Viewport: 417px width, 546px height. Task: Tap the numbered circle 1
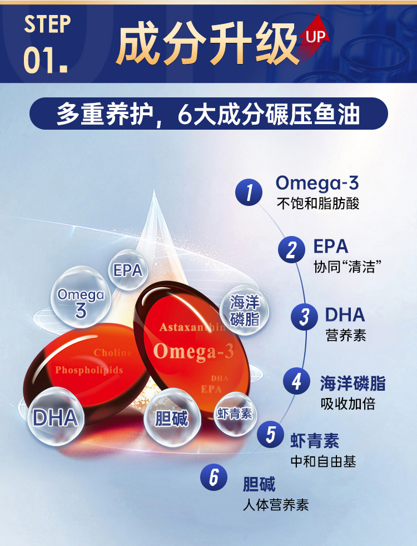(249, 192)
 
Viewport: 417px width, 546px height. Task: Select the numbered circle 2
(291, 249)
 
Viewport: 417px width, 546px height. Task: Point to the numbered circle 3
(304, 317)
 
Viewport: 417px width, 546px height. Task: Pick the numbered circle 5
(271, 434)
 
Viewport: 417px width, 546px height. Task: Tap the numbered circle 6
(214, 477)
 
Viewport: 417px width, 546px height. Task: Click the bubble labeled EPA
(128, 270)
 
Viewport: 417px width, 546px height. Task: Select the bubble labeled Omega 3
(81, 297)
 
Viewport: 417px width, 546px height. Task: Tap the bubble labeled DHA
(55, 416)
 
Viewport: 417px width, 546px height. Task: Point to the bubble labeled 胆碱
(172, 417)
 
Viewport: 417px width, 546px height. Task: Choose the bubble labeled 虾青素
(235, 414)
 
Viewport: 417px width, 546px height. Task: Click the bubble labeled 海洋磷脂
(245, 310)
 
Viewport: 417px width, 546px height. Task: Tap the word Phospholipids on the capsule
(89, 370)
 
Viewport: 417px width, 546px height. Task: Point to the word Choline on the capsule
(113, 353)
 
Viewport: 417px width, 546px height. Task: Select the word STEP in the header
(48, 24)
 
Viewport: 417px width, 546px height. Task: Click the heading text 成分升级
(207, 43)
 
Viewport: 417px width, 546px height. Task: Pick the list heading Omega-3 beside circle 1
(317, 183)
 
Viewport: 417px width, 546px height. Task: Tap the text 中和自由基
(324, 462)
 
